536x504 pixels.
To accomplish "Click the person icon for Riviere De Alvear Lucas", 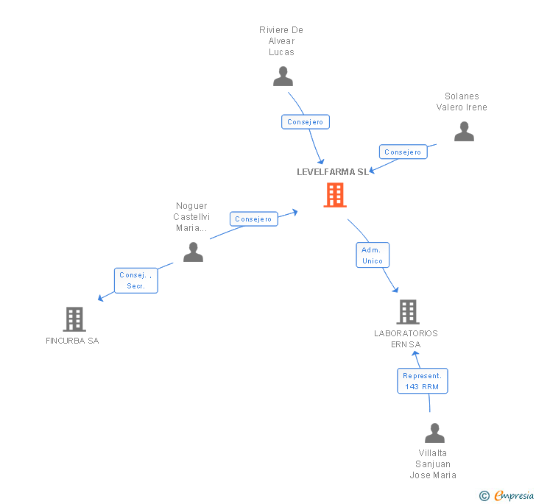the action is click(x=283, y=77).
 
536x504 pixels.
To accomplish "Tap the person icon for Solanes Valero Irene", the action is click(x=464, y=132).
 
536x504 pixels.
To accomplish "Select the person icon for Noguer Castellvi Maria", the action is click(x=193, y=252).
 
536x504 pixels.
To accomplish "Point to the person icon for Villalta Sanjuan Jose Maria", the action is click(x=434, y=433).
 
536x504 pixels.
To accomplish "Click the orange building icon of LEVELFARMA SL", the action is click(x=335, y=195).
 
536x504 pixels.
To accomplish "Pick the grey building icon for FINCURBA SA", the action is click(x=74, y=319).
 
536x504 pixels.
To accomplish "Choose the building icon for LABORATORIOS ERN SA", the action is click(x=408, y=312).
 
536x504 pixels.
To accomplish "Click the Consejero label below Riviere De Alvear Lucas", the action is click(x=306, y=122).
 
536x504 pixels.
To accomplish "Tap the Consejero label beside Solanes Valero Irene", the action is click(x=403, y=152).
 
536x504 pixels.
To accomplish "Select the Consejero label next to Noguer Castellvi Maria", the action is click(x=254, y=219).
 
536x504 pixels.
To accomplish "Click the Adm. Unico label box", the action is click(x=373, y=255).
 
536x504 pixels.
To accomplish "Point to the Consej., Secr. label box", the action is click(x=135, y=280).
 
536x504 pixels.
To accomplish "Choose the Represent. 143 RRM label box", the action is click(x=422, y=380).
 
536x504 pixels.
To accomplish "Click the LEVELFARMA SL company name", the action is click(x=333, y=172).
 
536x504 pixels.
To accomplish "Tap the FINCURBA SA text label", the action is click(x=72, y=341).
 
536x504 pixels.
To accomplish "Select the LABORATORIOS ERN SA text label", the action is click(x=406, y=338).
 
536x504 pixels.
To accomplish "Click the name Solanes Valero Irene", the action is click(x=462, y=102).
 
